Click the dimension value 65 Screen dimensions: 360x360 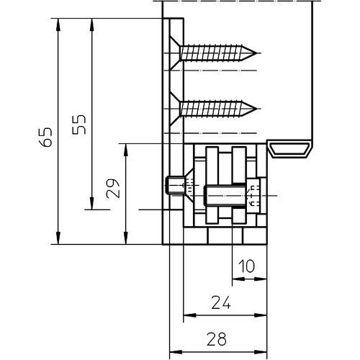coord(45,138)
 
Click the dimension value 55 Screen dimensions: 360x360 coord(79,125)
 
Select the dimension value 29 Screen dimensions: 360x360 coord(113,188)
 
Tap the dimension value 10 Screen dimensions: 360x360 coord(246,266)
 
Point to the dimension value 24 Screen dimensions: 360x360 coord(221,302)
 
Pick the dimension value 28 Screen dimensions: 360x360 coord(217,339)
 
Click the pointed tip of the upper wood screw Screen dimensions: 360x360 coord(257,53)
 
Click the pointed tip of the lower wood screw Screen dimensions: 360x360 coord(257,109)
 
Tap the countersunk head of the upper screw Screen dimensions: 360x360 coord(175,53)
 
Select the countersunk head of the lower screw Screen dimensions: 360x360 coord(175,109)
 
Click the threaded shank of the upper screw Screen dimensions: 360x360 coord(211,53)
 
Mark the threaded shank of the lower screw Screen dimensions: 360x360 coord(211,109)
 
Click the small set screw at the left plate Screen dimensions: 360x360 coord(175,185)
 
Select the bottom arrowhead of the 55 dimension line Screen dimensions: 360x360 coord(91,203)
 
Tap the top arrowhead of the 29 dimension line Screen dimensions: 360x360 coord(125,150)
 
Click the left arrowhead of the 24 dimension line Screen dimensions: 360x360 coord(190,315)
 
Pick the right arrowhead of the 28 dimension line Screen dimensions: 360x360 coord(261,352)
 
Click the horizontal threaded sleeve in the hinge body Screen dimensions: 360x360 coord(225,196)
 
